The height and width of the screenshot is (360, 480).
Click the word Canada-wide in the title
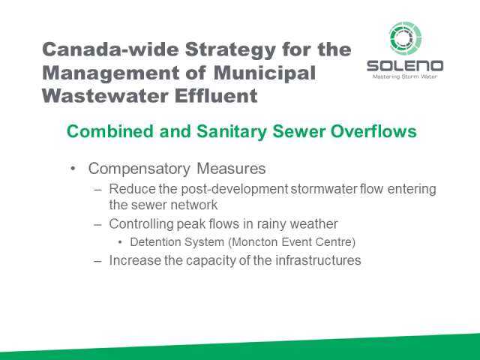pos(110,49)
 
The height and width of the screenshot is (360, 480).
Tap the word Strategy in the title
pos(230,50)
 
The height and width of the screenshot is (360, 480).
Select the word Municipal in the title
pos(265,73)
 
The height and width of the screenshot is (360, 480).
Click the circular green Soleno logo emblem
pos(405,38)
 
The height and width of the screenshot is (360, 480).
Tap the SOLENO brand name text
pos(405,66)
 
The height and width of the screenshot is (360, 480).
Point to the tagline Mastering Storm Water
pos(405,76)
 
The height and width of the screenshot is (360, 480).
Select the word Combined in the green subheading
pos(110,131)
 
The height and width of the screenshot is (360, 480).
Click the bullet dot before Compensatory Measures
pos(73,168)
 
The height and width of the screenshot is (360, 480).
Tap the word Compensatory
pos(139,169)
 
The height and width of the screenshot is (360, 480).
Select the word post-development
pos(235,189)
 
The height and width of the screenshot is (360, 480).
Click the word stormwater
pos(324,189)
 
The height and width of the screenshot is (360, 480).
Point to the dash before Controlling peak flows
pos(97,225)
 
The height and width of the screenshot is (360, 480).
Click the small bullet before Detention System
pos(120,242)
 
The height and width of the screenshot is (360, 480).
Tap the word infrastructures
pos(318,260)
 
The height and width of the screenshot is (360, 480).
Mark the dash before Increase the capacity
pos(97,262)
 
